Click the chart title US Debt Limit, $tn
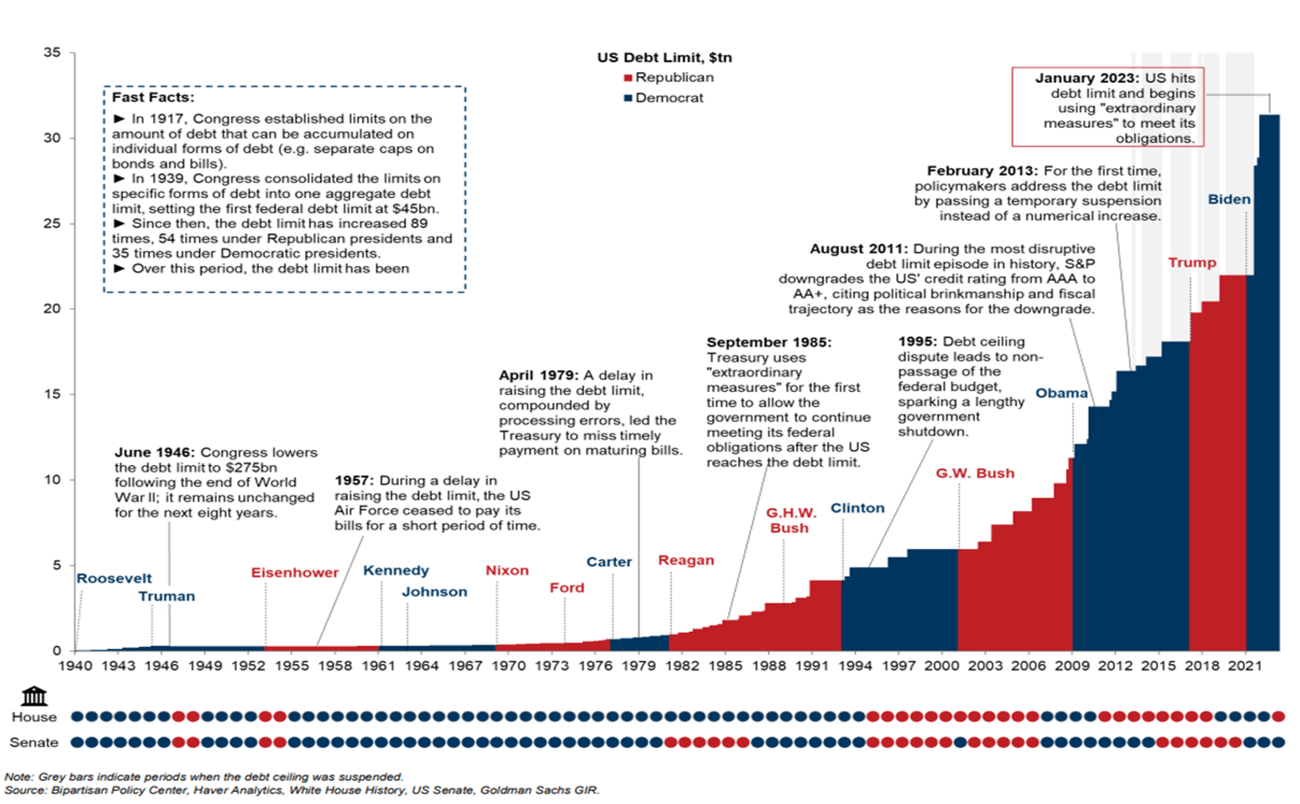pyautogui.click(x=664, y=57)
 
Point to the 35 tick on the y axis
pyautogui.click(x=52, y=52)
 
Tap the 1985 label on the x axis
pyautogui.click(x=725, y=666)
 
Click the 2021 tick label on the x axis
pyautogui.click(x=1244, y=666)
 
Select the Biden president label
pyautogui.click(x=1228, y=199)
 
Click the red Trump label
pyautogui.click(x=1191, y=262)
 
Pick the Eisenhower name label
pyautogui.click(x=294, y=572)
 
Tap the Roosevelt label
pyautogui.click(x=114, y=578)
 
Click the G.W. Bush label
pyautogui.click(x=974, y=473)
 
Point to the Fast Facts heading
pyautogui.click(x=153, y=97)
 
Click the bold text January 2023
pyautogui.click(x=1086, y=78)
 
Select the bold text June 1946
pyautogui.click(x=154, y=452)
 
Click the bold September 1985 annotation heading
pyautogui.click(x=769, y=342)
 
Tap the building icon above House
pyautogui.click(x=34, y=695)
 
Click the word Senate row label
pyautogui.click(x=34, y=742)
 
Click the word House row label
pyautogui.click(x=35, y=717)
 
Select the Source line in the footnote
pyautogui.click(x=302, y=790)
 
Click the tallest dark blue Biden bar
pyautogui.click(x=1269, y=386)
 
